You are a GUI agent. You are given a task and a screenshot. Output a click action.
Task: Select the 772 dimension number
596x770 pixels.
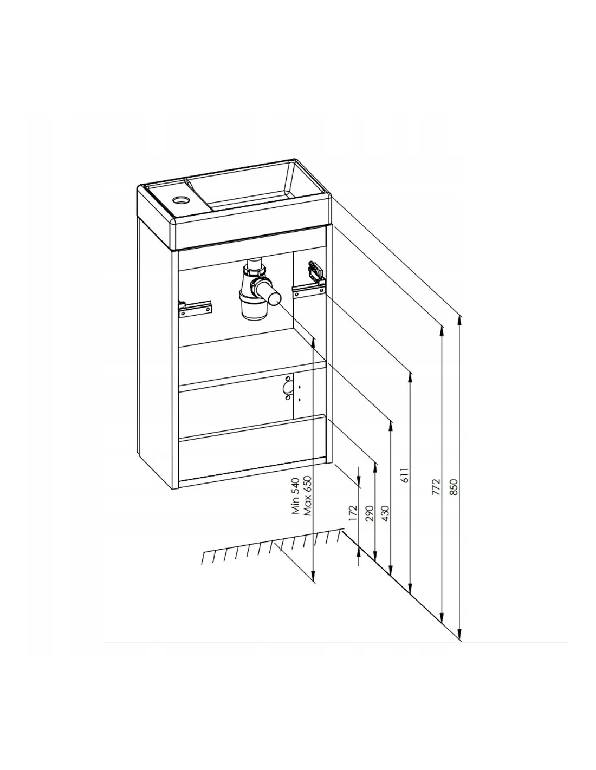[x=436, y=487]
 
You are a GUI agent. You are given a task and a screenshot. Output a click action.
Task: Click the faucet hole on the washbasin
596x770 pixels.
[x=181, y=200]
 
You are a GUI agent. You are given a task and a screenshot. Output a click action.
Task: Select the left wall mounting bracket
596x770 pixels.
[x=195, y=309]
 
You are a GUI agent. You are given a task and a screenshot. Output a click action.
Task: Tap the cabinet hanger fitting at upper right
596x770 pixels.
[x=316, y=272]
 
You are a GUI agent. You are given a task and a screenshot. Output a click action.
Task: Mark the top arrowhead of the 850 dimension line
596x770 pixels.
[x=459, y=321]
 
